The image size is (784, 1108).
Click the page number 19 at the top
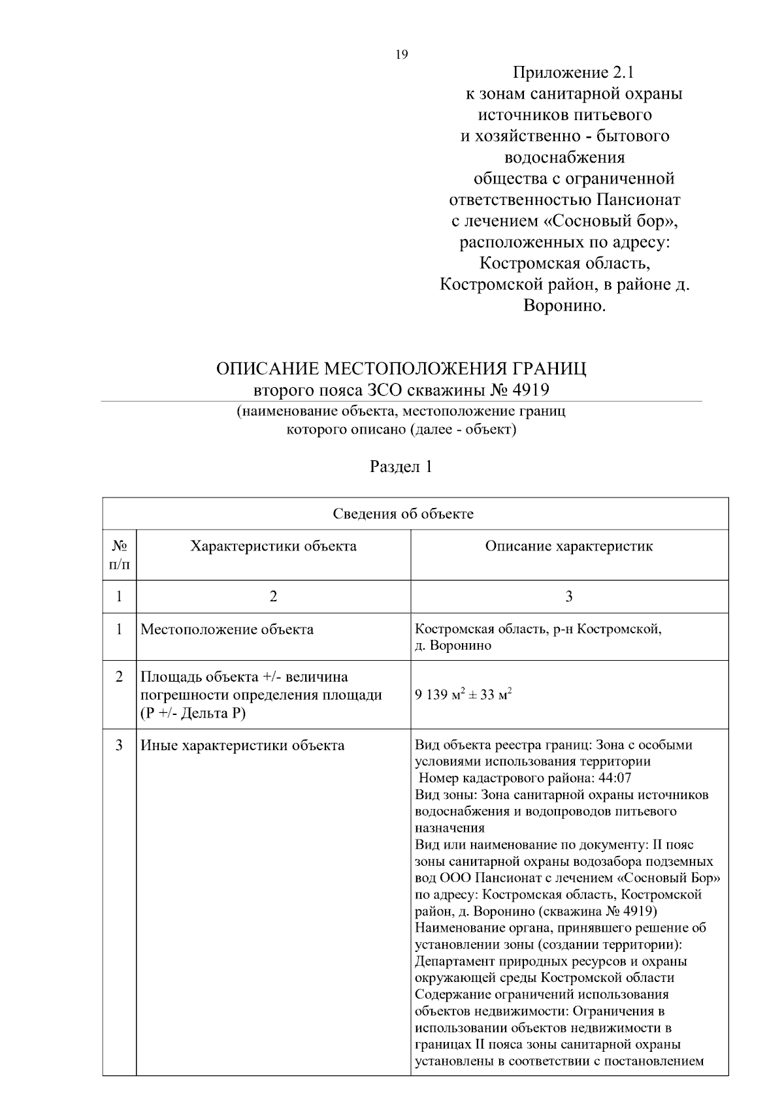402,55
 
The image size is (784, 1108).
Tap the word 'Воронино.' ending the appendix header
565,306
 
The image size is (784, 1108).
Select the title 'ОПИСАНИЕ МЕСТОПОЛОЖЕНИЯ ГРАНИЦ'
401,369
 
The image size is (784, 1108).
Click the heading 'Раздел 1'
401,467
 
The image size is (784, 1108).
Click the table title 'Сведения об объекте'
403,514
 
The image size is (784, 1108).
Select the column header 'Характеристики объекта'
273,546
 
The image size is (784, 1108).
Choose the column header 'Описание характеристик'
568,546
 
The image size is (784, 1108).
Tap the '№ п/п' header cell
119,554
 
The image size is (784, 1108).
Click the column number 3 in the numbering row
569,597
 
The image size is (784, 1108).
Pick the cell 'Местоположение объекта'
227,630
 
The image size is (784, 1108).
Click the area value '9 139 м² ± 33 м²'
463,695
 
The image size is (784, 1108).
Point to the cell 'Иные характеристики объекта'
242,746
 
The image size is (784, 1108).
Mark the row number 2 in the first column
119,677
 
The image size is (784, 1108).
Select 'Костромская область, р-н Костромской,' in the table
538,629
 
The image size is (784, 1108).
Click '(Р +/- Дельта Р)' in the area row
193,713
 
